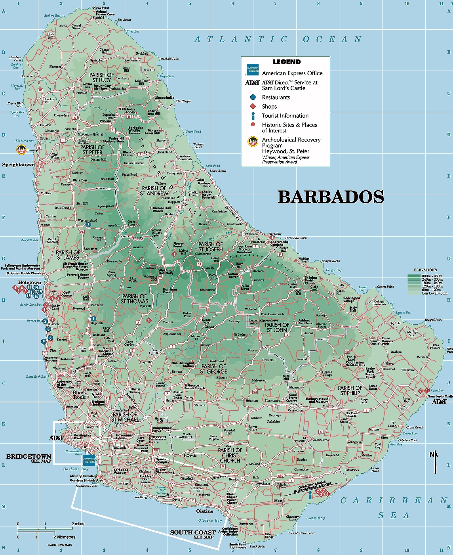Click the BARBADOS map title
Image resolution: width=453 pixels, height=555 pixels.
coord(331,197)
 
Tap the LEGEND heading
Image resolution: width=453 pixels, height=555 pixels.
coord(287,62)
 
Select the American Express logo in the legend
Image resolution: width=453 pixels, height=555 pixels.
coord(252,70)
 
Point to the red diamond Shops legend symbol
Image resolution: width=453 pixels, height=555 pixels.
coord(253,106)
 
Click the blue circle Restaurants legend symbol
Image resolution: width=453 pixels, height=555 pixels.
coord(253,97)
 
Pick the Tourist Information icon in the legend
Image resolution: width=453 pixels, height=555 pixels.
coord(253,116)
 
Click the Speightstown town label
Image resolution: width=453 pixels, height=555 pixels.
coord(18,165)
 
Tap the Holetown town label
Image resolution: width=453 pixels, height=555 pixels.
coord(29,282)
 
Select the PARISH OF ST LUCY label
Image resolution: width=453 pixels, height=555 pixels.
coord(101,77)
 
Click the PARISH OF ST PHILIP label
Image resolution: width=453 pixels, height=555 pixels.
coord(350,390)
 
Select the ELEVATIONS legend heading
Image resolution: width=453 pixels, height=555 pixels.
coord(425,270)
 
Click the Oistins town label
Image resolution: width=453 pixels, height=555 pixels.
coord(205,511)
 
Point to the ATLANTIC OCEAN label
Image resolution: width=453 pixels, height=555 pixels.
coord(278,39)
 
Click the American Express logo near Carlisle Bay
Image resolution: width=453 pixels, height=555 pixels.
coord(89,460)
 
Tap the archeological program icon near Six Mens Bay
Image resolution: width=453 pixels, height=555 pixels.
coord(21,150)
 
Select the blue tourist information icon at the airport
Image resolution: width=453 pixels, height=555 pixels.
coord(310,494)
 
